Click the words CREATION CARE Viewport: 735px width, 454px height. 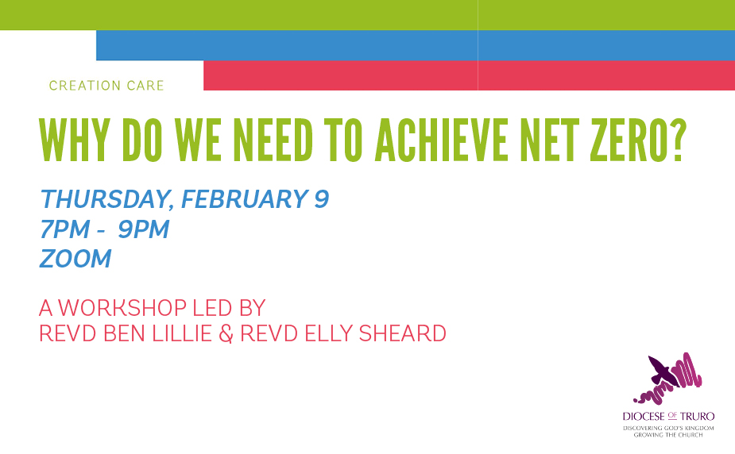(106, 86)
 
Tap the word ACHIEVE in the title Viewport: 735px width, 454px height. (441, 140)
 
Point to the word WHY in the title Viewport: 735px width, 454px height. (75, 140)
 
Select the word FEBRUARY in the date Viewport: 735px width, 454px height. (245, 199)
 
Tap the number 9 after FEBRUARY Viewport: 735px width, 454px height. (322, 199)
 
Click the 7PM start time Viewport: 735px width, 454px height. (64, 229)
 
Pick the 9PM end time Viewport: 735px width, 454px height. (144, 229)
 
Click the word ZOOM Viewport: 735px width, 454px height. (75, 259)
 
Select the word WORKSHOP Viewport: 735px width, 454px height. (122, 308)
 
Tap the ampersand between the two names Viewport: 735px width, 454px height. (226, 333)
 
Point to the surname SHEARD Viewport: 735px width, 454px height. (403, 333)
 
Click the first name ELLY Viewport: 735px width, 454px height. (329, 333)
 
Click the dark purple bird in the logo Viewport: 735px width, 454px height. (663, 370)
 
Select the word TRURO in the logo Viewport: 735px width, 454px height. (698, 416)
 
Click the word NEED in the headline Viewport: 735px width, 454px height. (273, 140)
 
